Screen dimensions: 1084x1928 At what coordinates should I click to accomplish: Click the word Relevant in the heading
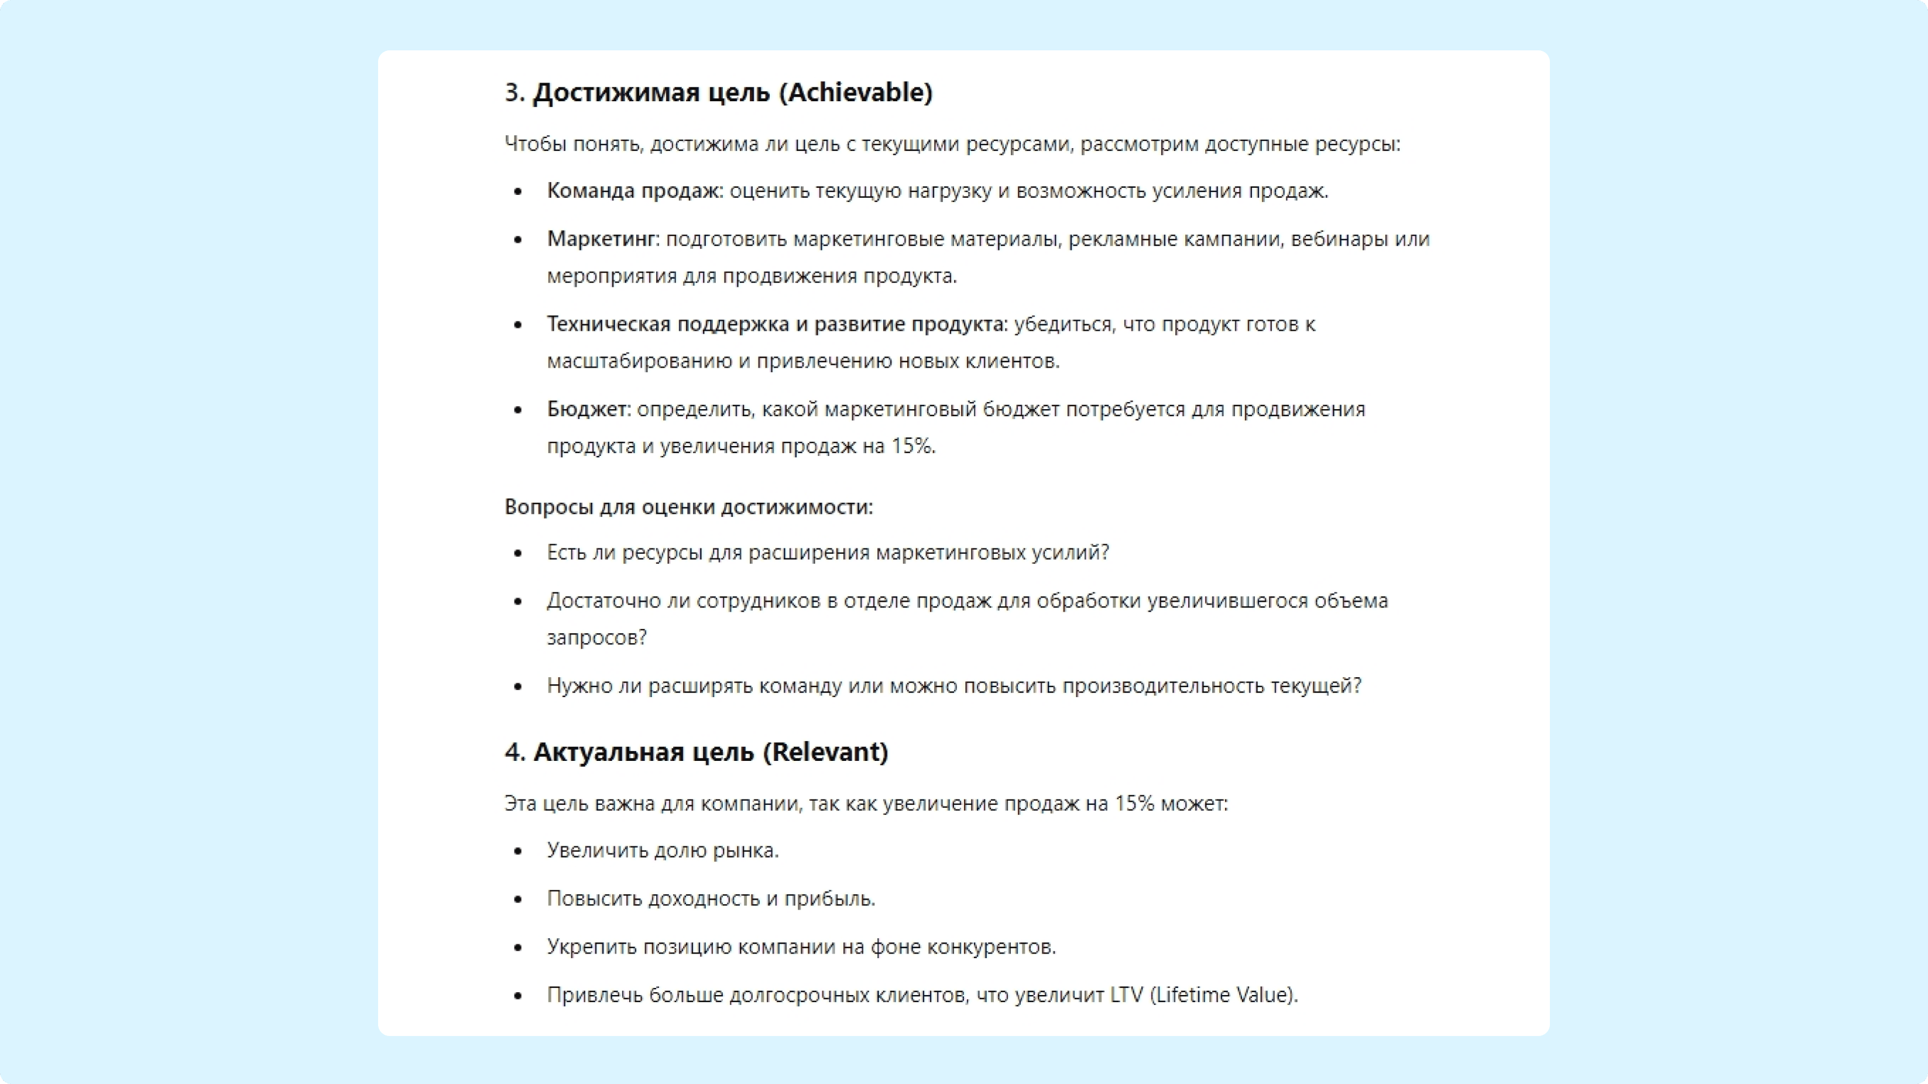[x=825, y=752]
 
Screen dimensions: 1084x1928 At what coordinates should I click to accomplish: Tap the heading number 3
[x=513, y=93]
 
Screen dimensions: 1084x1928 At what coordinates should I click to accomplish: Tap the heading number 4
[x=514, y=752]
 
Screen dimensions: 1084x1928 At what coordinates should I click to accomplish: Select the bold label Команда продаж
[x=633, y=191]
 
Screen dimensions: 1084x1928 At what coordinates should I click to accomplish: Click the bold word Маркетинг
[x=601, y=239]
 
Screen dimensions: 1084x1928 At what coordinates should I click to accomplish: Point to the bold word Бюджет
[x=588, y=410]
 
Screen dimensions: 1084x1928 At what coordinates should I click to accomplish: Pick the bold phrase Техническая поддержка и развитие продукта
[x=776, y=324]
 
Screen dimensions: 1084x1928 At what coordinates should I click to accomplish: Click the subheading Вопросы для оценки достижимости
[x=688, y=507]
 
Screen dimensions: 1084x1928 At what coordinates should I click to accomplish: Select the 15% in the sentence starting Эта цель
[x=1134, y=803]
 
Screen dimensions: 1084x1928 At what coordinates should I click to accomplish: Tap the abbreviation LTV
[x=1126, y=995]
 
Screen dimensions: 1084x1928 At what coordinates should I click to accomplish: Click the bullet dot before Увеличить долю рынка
[x=518, y=851]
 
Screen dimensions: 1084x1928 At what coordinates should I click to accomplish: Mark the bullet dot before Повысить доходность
[x=518, y=899]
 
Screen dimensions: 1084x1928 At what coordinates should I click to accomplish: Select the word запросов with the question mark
[x=596, y=638]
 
